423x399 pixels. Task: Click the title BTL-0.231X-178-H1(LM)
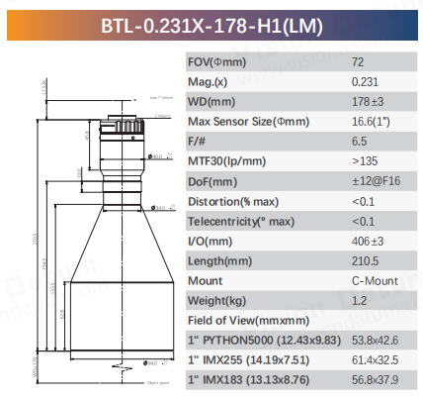pyautogui.click(x=211, y=23)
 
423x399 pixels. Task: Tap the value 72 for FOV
pyautogui.click(x=358, y=61)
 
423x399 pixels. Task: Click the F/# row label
pyautogui.click(x=197, y=141)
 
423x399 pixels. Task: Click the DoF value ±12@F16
pyautogui.click(x=376, y=180)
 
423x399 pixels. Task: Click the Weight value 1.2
pyautogui.click(x=358, y=300)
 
